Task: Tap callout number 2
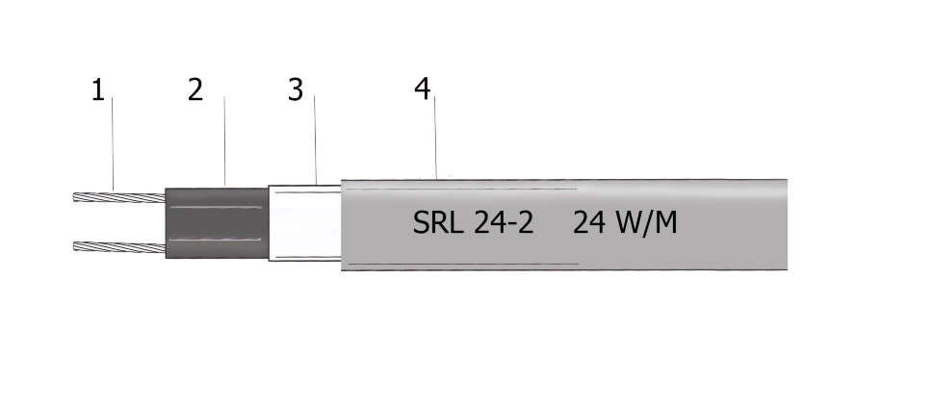pyautogui.click(x=195, y=90)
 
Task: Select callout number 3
pyautogui.click(x=296, y=90)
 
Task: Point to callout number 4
pyautogui.click(x=422, y=89)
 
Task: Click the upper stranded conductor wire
pyautogui.click(x=120, y=198)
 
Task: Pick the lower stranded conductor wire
pyautogui.click(x=120, y=247)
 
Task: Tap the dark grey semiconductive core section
pyautogui.click(x=216, y=223)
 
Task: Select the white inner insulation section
pyautogui.click(x=304, y=223)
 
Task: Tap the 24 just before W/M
pyautogui.click(x=587, y=223)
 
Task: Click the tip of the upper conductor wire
pyautogui.click(x=77, y=198)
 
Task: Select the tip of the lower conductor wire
pyautogui.click(x=77, y=247)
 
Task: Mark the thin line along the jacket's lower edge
pyautogui.click(x=462, y=264)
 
